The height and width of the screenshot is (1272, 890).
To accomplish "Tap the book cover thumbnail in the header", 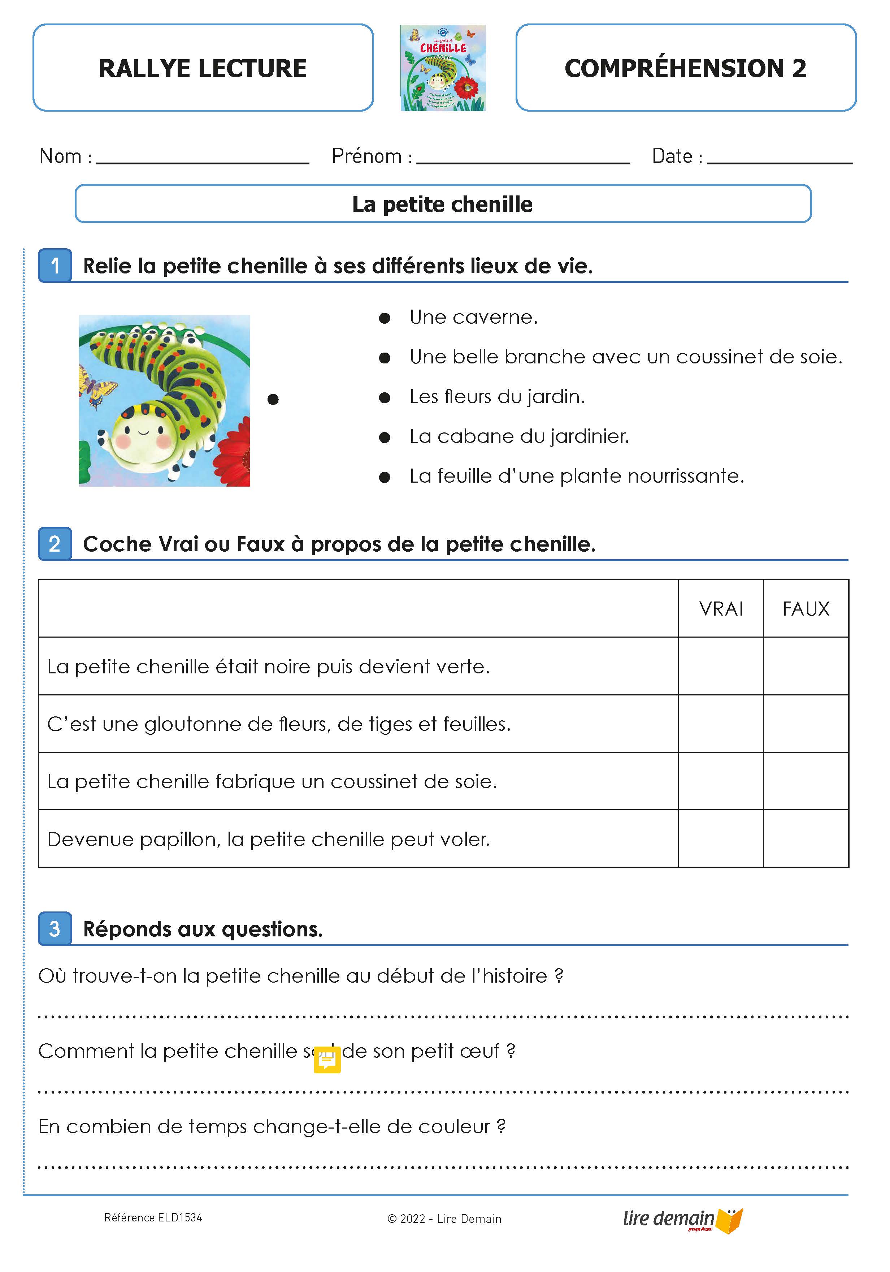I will tap(443, 68).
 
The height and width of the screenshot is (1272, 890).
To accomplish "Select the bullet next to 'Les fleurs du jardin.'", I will tap(385, 398).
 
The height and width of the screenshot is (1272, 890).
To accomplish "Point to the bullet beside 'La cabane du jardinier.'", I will tap(385, 437).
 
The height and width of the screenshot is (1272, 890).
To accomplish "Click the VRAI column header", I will tap(721, 609).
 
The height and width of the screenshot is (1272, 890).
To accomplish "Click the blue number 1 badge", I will tap(55, 266).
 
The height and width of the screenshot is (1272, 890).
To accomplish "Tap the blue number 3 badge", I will tap(55, 928).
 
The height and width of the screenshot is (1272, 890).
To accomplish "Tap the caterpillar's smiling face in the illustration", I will tap(143, 435).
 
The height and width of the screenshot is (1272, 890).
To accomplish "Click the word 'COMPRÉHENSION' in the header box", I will tap(673, 69).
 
